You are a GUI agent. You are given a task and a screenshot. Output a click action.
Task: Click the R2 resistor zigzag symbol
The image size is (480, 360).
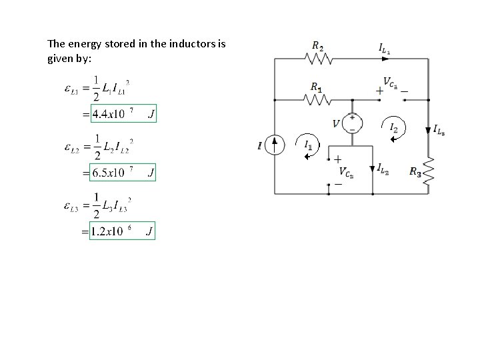(x=318, y=59)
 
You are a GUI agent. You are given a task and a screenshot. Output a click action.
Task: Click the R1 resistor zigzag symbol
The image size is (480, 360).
(x=318, y=99)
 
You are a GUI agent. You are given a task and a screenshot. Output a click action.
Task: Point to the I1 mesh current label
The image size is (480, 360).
(x=307, y=144)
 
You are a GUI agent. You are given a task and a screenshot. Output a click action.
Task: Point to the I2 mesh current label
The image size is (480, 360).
(x=393, y=127)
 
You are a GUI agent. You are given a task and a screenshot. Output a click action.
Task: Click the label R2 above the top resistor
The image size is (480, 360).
(x=317, y=46)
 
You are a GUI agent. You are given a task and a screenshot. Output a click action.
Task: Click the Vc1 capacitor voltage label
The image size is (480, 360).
(x=389, y=85)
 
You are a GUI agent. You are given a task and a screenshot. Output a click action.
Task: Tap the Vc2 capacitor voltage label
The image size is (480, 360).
(x=346, y=172)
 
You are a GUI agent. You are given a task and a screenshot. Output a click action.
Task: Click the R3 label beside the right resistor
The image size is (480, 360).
(x=415, y=172)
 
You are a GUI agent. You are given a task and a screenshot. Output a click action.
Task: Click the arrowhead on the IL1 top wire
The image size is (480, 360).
(x=385, y=59)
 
